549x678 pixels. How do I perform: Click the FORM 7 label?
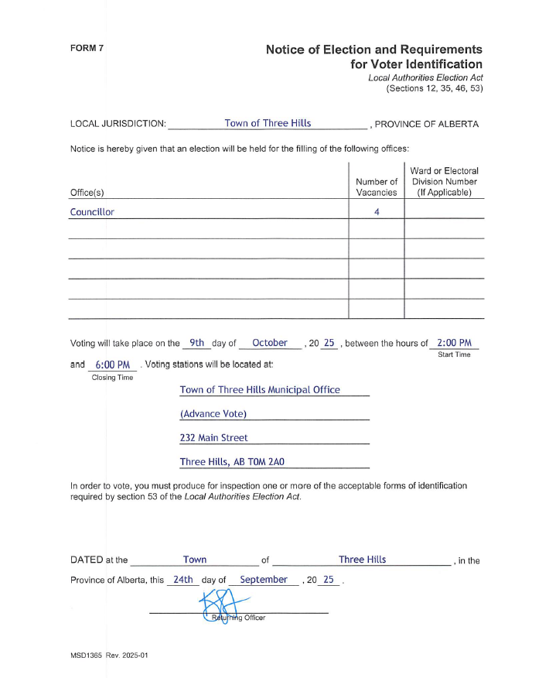pyautogui.click(x=87, y=48)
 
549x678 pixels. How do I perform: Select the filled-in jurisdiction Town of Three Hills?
pyautogui.click(x=268, y=123)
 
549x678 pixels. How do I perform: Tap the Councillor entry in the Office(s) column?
pyautogui.click(x=92, y=212)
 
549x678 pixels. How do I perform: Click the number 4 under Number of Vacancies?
pyautogui.click(x=377, y=212)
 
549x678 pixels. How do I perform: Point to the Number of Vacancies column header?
pyautogui.click(x=377, y=187)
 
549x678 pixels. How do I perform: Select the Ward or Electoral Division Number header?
pyautogui.click(x=445, y=181)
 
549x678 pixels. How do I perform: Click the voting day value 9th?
pyautogui.click(x=196, y=343)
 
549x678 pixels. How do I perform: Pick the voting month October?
pyautogui.click(x=270, y=343)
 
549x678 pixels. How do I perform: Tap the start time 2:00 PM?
pyautogui.click(x=454, y=343)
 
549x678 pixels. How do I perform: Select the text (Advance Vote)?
pyautogui.click(x=213, y=413)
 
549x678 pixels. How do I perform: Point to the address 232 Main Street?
pyautogui.click(x=213, y=437)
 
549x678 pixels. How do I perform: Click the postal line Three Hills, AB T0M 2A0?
pyautogui.click(x=232, y=461)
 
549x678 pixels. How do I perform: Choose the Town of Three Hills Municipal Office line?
pyautogui.click(x=260, y=389)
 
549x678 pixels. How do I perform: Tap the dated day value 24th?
pyautogui.click(x=183, y=579)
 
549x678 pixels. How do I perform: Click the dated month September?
pyautogui.click(x=264, y=579)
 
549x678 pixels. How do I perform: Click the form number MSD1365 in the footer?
pyautogui.click(x=86, y=655)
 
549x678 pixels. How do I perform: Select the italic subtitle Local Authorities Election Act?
pyautogui.click(x=425, y=78)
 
